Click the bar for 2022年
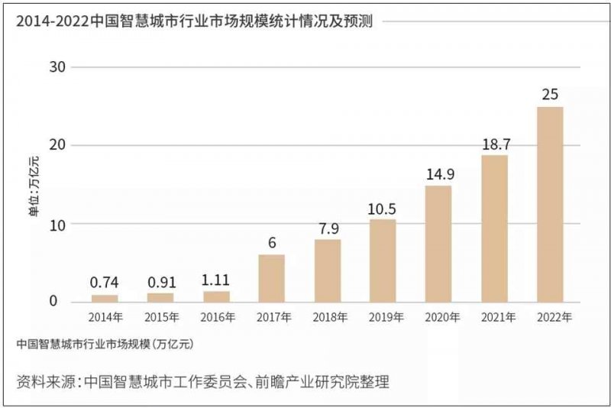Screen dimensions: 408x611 [550, 204]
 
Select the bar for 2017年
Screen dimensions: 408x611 [271, 278]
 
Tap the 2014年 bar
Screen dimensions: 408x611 [105, 298]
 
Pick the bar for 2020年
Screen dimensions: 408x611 [438, 244]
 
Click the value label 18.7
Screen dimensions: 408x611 [494, 144]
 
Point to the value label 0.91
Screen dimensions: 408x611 [160, 281]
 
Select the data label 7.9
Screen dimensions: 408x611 [328, 228]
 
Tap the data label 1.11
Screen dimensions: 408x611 [216, 280]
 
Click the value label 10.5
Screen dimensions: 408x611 [383, 208]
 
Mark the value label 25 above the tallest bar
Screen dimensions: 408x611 [550, 96]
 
